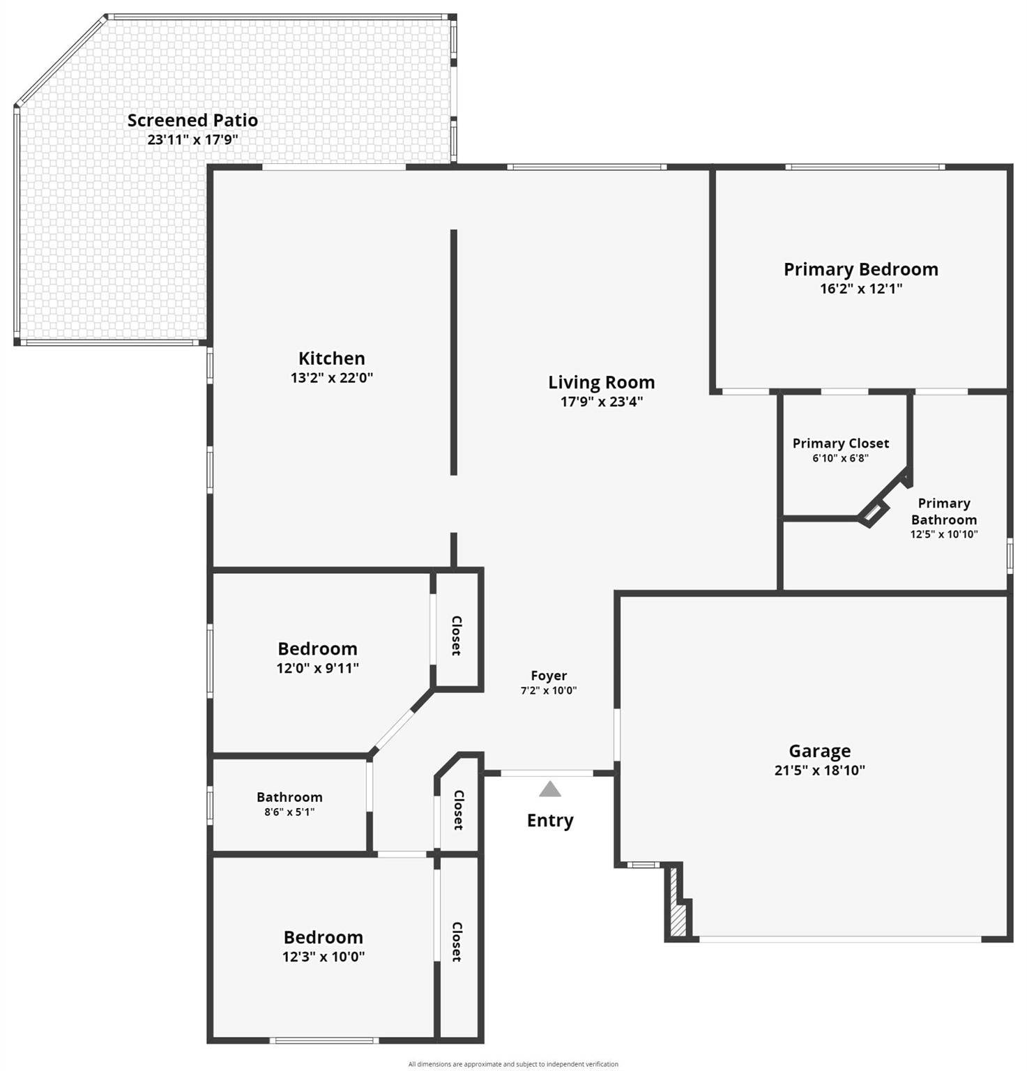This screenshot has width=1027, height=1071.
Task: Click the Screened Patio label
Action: (192, 121)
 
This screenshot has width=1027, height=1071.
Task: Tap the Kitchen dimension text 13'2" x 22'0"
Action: (332, 378)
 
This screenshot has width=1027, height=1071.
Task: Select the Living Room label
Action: (602, 382)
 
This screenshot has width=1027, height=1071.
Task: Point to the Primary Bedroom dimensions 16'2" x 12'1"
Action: (861, 289)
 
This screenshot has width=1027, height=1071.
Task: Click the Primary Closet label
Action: (841, 443)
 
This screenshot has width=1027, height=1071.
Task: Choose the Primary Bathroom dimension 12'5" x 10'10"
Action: (944, 535)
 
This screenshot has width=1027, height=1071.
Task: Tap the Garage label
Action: (820, 751)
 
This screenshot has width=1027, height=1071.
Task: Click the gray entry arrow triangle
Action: (550, 789)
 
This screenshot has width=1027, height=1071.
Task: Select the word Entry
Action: (550, 821)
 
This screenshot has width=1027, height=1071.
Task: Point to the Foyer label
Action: (549, 676)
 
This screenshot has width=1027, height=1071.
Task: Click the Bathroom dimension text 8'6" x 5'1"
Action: (289, 812)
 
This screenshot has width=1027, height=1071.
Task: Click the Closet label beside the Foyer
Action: (457, 635)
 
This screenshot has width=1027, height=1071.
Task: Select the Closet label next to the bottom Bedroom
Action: (457, 942)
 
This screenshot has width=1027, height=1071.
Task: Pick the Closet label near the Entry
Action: (459, 810)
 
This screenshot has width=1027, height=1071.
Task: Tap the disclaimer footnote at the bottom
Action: (513, 1064)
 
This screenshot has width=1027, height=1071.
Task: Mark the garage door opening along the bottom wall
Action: (840, 939)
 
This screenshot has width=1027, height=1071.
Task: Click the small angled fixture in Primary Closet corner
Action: (872, 513)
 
